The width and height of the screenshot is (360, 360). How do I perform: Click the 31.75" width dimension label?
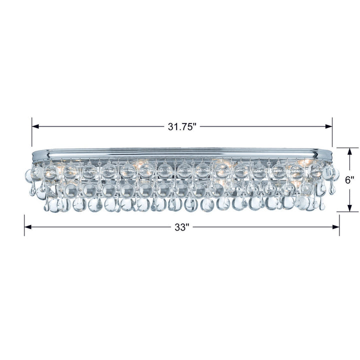(x=182, y=126)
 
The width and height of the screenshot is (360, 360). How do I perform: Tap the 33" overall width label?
(x=182, y=227)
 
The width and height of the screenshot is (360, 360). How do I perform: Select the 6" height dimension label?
(x=349, y=180)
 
